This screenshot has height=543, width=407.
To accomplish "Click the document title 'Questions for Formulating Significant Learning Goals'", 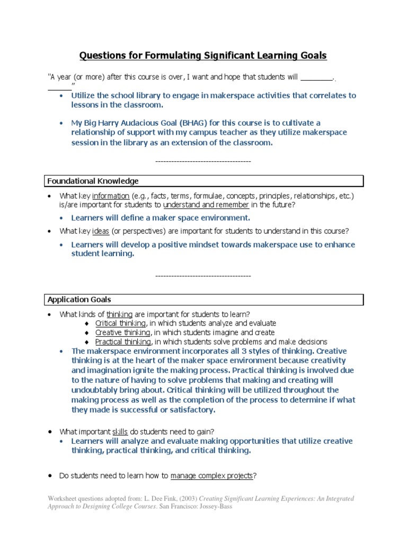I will click(x=203, y=55).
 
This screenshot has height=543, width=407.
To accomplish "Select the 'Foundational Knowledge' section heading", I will click(x=93, y=181).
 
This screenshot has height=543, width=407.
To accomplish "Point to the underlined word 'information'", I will click(x=111, y=196).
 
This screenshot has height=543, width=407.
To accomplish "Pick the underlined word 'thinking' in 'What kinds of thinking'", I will click(x=119, y=314).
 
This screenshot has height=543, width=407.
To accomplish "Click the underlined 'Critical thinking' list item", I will click(x=120, y=323).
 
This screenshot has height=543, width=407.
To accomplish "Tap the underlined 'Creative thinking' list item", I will click(x=123, y=332).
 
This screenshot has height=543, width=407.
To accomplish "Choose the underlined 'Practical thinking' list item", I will click(x=123, y=342).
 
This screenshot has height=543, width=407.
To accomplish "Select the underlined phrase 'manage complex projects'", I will click(x=211, y=476).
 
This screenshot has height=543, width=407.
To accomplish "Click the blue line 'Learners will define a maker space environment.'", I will click(x=161, y=218).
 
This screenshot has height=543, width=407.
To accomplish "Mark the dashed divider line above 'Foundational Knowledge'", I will click(x=203, y=161).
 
